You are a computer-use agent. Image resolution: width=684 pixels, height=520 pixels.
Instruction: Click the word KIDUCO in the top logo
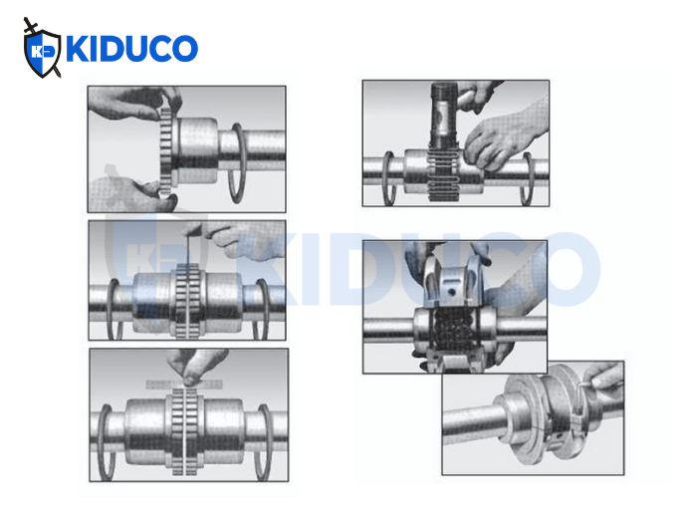pyautogui.click(x=130, y=49)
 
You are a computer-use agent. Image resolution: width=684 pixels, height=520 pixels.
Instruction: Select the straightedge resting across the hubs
pyautogui.click(x=185, y=382)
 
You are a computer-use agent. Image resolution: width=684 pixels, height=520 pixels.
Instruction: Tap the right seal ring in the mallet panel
pyautogui.click(x=527, y=178)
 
